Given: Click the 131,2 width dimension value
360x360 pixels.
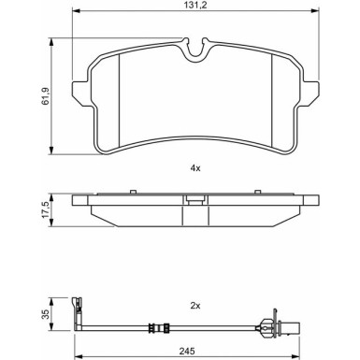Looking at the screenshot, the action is coord(195,5).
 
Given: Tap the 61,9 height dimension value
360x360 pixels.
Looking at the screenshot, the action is coord(45,96).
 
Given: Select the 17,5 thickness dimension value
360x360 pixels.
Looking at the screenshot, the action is coord(45,209).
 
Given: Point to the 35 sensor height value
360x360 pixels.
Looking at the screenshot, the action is coord(46,314).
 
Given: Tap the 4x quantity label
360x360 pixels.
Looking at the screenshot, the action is coord(195,168).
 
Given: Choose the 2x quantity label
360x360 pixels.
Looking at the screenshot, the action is coord(195,306).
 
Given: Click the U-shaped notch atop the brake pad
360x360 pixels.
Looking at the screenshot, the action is coord(195,51).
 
